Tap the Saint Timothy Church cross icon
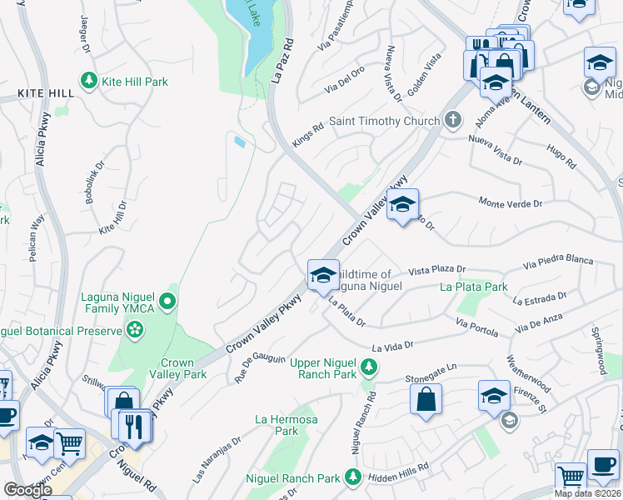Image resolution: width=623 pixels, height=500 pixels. (452, 120)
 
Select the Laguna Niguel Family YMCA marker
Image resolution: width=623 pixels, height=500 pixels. (168, 301)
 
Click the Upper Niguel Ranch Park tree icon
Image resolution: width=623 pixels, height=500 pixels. (367, 364)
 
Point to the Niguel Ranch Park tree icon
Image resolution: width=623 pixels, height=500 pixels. (352, 477)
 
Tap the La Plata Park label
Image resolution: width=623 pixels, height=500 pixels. (474, 287)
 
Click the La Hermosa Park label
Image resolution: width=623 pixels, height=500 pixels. (286, 425)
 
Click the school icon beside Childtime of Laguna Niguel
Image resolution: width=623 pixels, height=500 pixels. (322, 275)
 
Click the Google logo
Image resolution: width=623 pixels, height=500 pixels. (27, 490)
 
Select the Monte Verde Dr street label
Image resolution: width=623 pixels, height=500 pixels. (511, 202)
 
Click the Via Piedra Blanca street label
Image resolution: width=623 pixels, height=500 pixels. (558, 262)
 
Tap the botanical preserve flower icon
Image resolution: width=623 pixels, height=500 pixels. (136, 332)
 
